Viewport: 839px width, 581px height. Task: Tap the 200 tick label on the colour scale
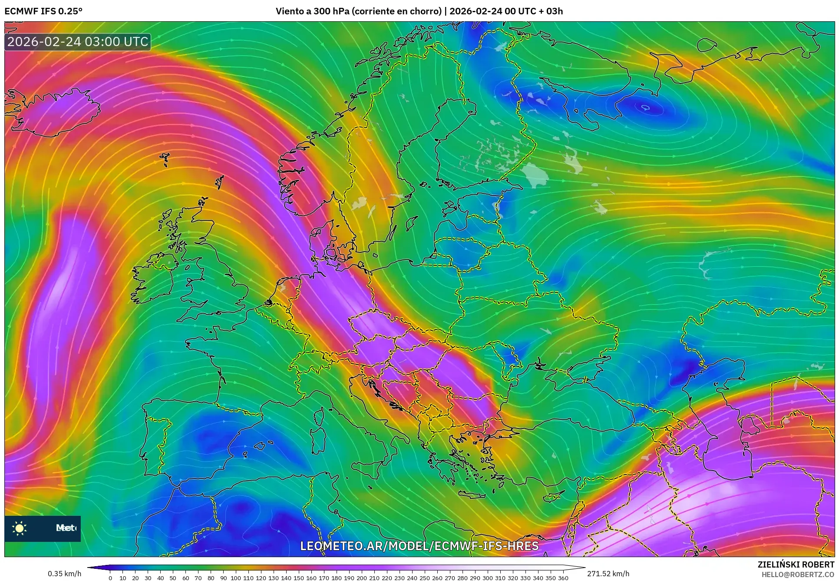(x=362, y=578)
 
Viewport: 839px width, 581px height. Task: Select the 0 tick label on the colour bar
(x=110, y=578)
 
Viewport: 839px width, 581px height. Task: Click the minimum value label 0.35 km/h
(x=64, y=574)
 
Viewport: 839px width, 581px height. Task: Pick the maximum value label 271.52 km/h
(x=608, y=574)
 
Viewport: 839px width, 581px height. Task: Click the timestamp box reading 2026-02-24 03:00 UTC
(x=78, y=42)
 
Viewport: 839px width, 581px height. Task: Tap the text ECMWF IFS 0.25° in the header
(x=43, y=11)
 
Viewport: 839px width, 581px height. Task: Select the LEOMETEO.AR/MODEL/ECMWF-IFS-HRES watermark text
(x=419, y=546)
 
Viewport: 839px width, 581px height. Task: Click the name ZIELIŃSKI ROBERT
(x=796, y=564)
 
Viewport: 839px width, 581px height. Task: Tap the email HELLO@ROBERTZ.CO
(x=798, y=574)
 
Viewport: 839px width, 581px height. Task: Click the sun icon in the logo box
(x=20, y=528)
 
